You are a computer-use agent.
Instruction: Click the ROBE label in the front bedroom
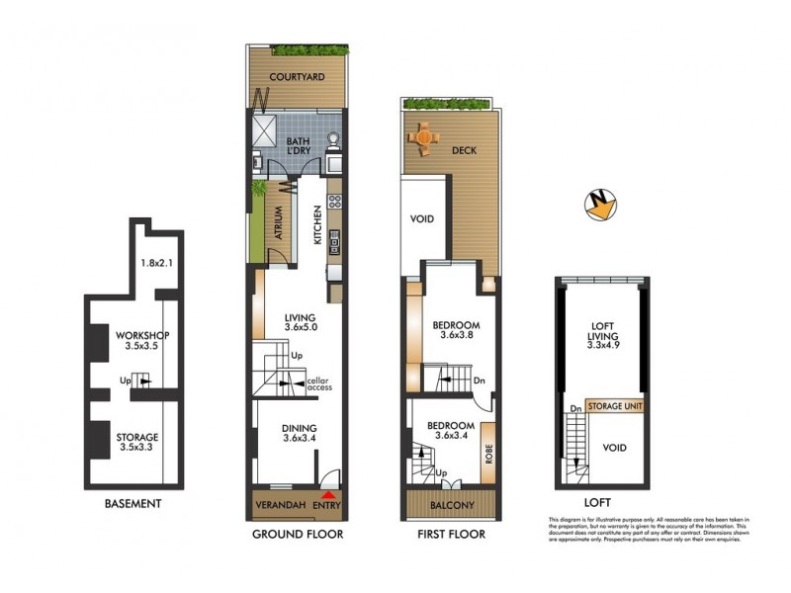[487, 453]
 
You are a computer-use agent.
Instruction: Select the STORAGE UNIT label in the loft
[614, 406]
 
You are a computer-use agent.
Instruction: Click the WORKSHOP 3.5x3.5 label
[135, 340]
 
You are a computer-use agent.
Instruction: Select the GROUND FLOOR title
[298, 535]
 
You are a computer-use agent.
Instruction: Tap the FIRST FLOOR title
[450, 535]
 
